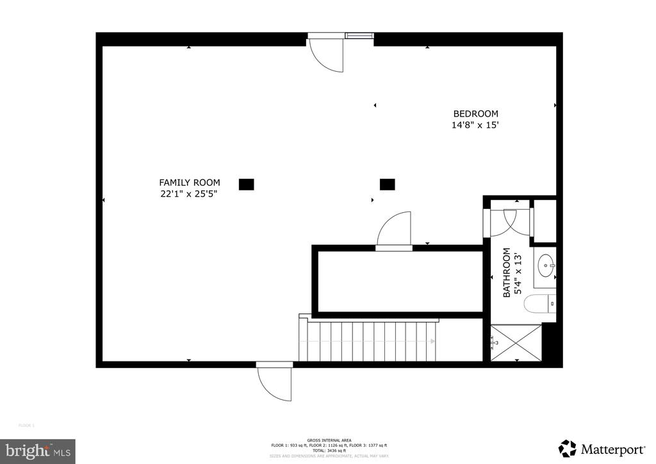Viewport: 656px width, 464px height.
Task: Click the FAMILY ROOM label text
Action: coord(189,182)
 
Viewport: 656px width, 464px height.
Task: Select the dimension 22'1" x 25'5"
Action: coord(189,194)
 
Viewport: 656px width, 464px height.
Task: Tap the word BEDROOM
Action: coord(475,113)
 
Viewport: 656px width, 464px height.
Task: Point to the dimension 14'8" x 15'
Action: coord(475,126)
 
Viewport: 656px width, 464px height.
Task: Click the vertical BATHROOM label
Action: coord(507,272)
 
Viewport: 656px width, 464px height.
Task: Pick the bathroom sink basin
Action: coord(546,263)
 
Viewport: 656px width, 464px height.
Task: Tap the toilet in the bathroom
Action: coord(537,303)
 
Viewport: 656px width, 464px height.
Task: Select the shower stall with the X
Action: coord(516,342)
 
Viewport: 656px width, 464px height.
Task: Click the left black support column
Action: coord(247,185)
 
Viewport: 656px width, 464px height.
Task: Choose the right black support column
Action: coord(387,185)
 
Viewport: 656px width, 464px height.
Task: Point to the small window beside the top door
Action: coord(359,36)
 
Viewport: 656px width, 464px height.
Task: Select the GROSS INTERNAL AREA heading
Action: coord(328,440)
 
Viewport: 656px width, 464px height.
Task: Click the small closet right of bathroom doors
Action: coord(545,221)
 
